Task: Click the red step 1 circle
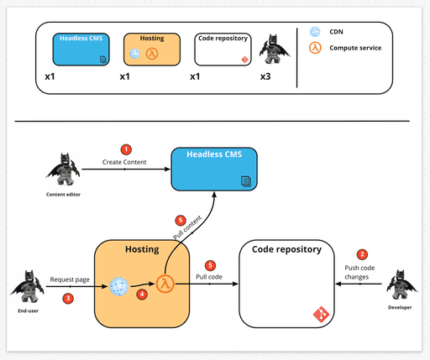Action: tap(127, 149)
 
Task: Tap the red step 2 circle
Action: tap(363, 254)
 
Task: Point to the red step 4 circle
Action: tap(141, 295)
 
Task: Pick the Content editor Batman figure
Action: tap(62, 170)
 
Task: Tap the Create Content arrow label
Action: tap(125, 161)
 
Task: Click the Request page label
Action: tap(70, 279)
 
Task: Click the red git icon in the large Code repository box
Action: tap(320, 316)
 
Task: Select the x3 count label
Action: tap(265, 76)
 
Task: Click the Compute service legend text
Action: tap(355, 48)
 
